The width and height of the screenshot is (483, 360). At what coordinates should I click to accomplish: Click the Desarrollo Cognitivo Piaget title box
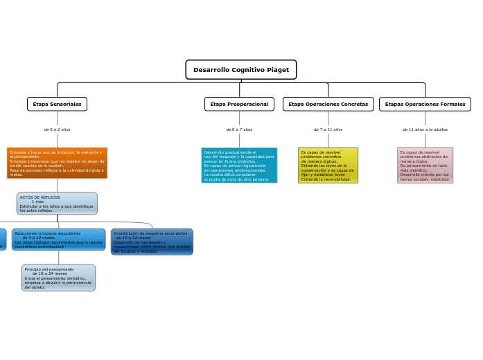click(x=240, y=70)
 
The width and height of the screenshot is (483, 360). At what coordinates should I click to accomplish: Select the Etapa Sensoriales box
click(x=57, y=104)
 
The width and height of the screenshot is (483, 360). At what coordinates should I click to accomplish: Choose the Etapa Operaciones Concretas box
click(x=328, y=104)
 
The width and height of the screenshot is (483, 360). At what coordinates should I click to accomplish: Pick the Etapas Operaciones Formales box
click(x=425, y=104)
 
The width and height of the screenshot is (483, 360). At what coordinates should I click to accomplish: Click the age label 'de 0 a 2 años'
click(x=57, y=129)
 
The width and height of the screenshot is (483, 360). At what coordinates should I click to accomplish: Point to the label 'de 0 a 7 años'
click(x=239, y=129)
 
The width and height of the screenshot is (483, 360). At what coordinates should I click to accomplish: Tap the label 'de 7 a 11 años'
click(x=328, y=129)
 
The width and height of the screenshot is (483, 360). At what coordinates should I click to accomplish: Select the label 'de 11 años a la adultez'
click(x=425, y=129)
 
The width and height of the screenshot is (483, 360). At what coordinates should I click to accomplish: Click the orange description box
click(x=57, y=163)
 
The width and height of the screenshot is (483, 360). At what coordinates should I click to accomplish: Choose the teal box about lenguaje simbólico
click(x=239, y=165)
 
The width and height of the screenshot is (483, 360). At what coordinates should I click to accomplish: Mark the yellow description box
click(x=328, y=165)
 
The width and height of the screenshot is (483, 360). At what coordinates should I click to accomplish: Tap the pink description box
click(x=425, y=165)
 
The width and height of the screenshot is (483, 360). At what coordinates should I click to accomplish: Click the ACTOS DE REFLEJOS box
click(x=57, y=204)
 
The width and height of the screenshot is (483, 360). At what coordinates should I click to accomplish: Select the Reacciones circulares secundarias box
click(x=58, y=240)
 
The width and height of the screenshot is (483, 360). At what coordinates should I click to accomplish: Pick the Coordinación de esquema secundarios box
click(x=152, y=242)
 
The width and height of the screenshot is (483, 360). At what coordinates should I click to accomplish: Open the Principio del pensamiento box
click(x=58, y=278)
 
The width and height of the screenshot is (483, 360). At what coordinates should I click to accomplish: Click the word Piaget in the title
click(x=278, y=70)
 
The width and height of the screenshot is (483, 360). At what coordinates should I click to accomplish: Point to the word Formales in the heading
click(x=450, y=104)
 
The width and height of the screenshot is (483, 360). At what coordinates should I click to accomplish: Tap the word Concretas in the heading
click(x=354, y=104)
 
